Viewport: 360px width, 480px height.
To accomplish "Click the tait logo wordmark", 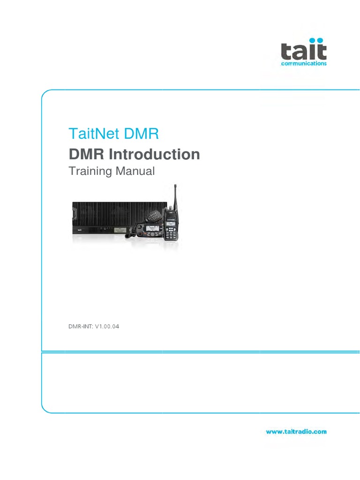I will point(303,50).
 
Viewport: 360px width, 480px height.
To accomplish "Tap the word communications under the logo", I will point(303,64).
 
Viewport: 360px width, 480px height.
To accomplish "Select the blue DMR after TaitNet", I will point(142,134).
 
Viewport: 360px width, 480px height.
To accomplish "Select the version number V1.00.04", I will point(107,327).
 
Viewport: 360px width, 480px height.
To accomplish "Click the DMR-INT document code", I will point(80,327).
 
